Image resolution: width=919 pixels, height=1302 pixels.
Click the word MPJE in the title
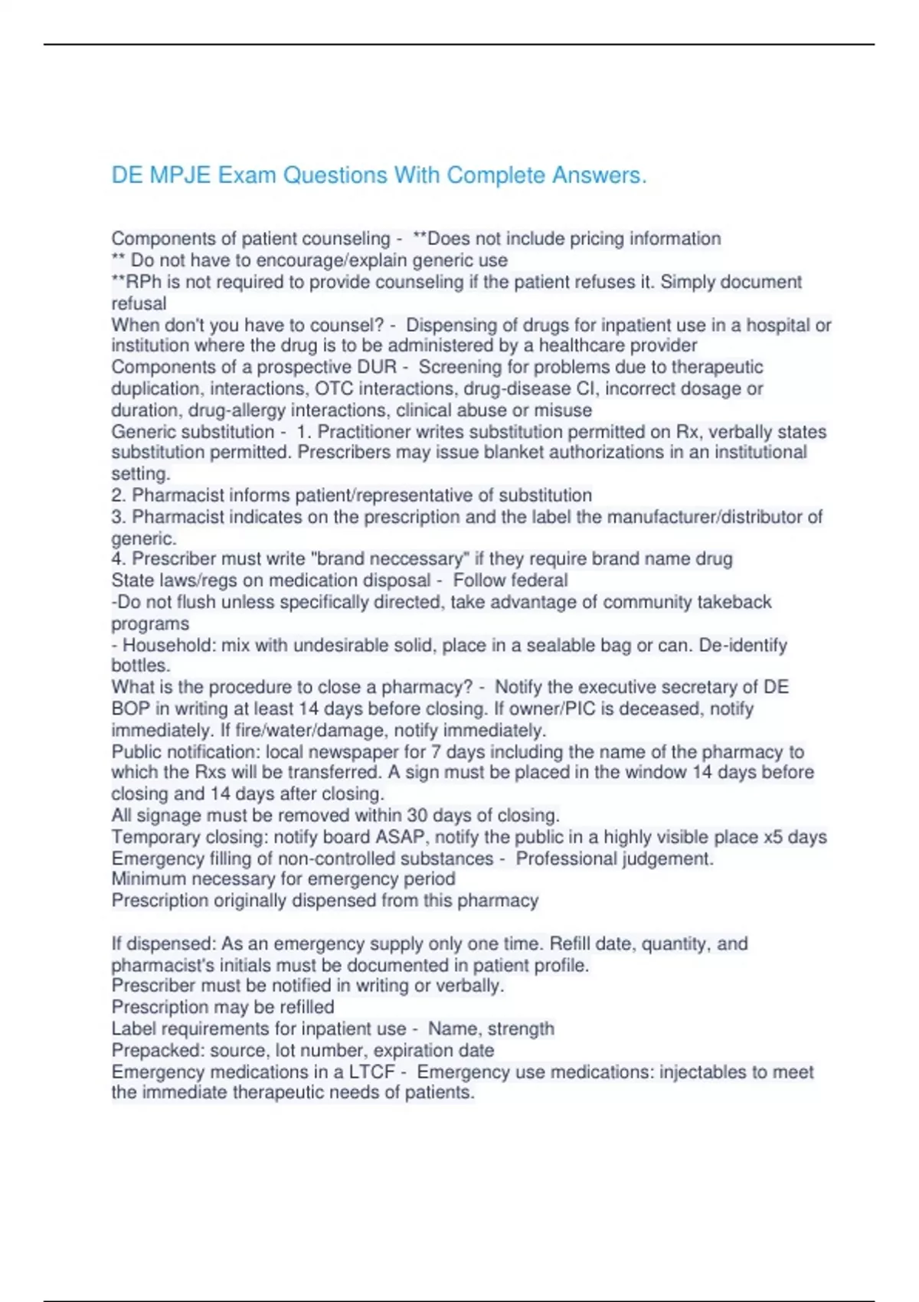180,175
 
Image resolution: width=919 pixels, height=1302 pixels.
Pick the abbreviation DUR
378,368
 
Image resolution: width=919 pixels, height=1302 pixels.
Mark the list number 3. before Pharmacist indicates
119,517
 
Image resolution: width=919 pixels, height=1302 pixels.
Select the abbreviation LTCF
371,1072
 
